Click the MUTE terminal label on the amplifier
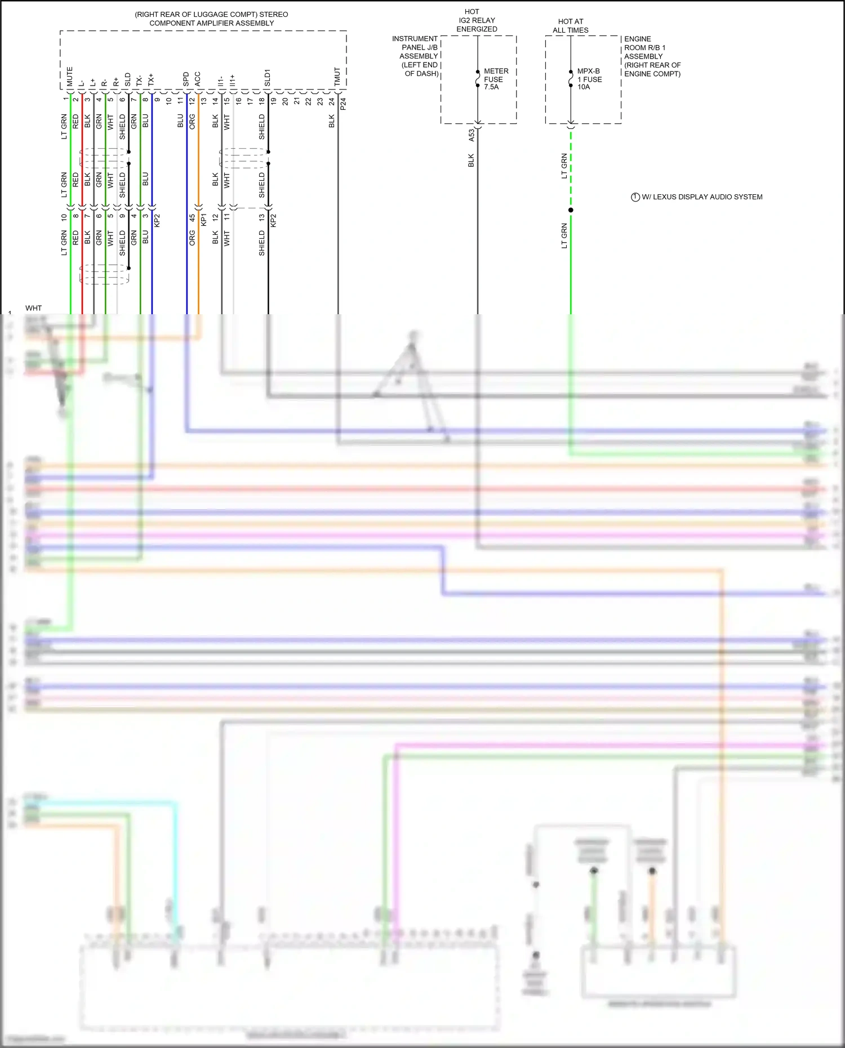click(70, 77)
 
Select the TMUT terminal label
click(337, 77)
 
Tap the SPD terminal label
click(186, 79)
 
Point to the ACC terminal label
click(198, 79)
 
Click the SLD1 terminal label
click(268, 78)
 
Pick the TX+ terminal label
click(151, 80)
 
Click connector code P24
click(343, 103)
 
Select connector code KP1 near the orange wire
click(203, 220)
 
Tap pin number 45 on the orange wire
click(192, 218)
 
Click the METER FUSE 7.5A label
click(495, 79)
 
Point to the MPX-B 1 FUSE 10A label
click(589, 79)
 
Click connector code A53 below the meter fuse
click(472, 135)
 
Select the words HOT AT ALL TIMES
click(570, 26)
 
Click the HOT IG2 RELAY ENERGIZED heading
click(477, 20)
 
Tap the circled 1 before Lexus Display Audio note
click(635, 197)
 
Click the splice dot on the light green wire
click(571, 210)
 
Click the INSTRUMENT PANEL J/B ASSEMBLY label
click(416, 56)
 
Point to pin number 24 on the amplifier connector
click(332, 101)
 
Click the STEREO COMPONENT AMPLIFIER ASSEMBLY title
click(211, 19)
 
